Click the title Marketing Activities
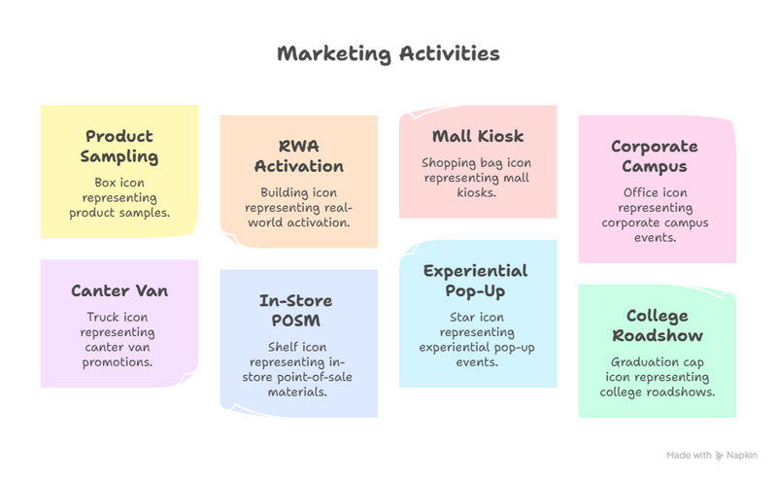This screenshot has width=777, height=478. [388, 54]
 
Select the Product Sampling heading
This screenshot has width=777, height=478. [119, 147]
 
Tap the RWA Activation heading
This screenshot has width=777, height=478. [299, 156]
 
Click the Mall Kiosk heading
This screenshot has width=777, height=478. [478, 136]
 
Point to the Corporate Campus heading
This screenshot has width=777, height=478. [655, 156]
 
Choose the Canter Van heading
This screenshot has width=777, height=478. [119, 290]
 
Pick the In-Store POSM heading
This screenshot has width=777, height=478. [296, 310]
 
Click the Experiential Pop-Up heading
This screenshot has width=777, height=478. [476, 281]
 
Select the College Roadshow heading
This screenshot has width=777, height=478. [658, 325]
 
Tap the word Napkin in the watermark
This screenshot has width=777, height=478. [742, 456]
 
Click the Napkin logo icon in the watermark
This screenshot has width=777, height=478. [719, 456]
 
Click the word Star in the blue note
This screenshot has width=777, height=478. [462, 317]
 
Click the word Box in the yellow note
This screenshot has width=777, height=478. [105, 183]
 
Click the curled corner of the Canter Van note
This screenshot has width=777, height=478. [188, 378]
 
